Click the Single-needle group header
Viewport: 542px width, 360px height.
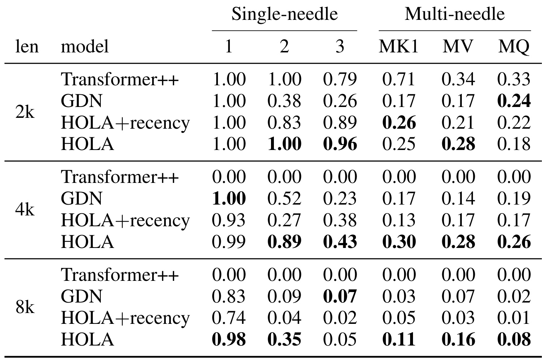point(285,14)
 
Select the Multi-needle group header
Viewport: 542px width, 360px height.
point(455,14)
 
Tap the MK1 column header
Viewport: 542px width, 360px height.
point(399,46)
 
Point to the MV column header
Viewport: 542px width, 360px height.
point(458,46)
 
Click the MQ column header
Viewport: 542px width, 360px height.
point(514,47)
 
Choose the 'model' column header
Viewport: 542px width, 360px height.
point(85,46)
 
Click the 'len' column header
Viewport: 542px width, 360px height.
point(27,46)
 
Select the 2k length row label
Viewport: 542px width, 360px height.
point(25,112)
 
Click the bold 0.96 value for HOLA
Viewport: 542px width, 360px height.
point(340,144)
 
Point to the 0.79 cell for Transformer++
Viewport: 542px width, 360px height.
point(340,79)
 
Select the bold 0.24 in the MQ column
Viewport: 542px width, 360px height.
point(514,101)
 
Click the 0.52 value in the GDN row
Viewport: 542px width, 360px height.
point(284,198)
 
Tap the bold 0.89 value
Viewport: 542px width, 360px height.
point(284,241)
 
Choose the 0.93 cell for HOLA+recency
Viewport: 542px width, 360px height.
point(229,220)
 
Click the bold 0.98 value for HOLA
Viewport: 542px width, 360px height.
point(229,339)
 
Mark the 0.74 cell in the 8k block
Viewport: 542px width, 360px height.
point(229,318)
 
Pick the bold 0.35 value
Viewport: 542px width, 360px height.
point(284,339)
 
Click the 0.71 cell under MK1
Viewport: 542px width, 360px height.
point(399,79)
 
